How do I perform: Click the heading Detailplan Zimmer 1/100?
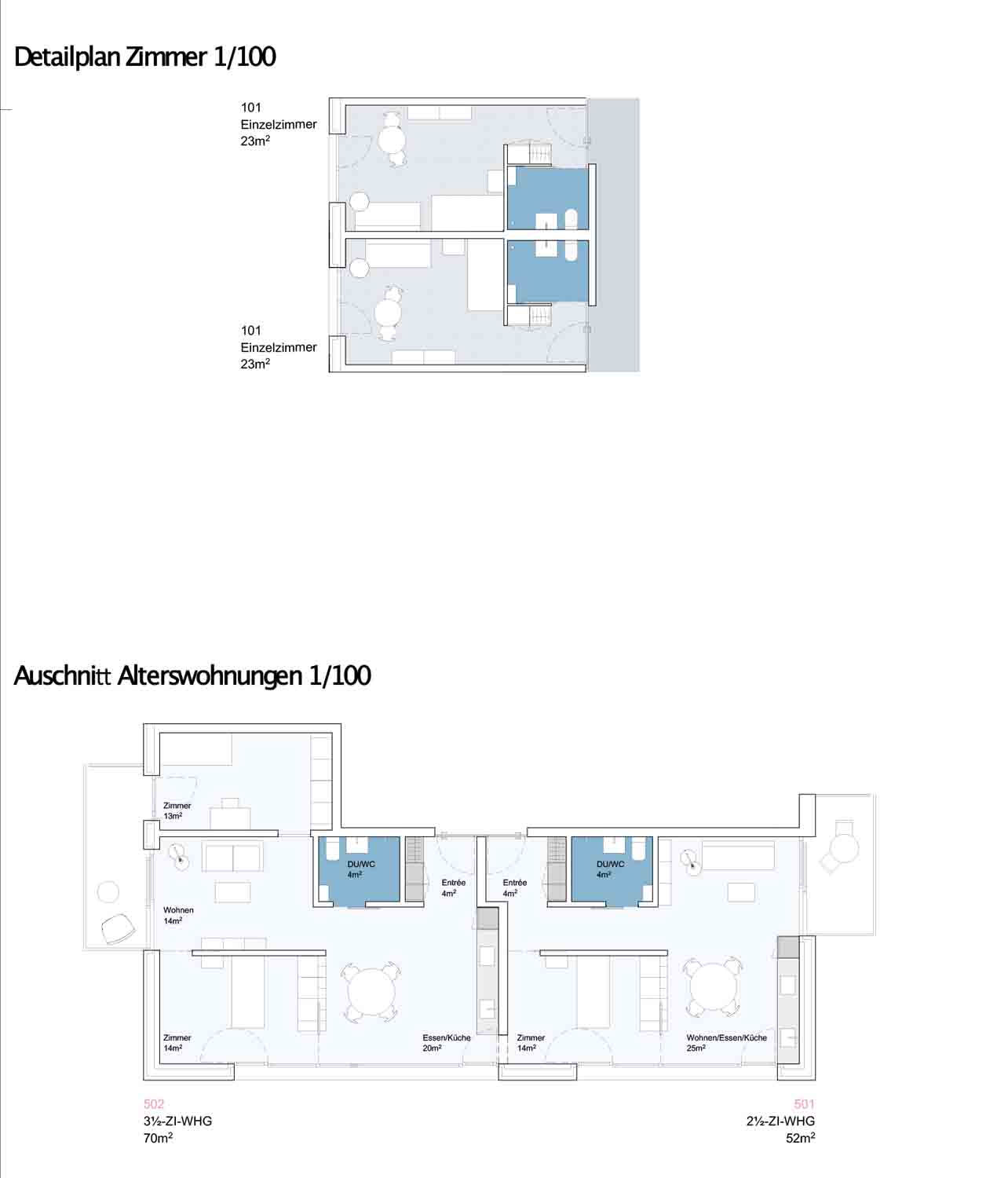[x=145, y=57]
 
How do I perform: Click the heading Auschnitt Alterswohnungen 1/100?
[x=192, y=676]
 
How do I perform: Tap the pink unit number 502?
[x=154, y=1104]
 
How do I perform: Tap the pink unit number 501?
[x=804, y=1104]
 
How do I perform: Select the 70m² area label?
[x=158, y=1138]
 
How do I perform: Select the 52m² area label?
[x=800, y=1138]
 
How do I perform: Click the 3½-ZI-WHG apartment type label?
[x=177, y=1121]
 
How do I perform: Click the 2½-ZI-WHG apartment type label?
[x=780, y=1121]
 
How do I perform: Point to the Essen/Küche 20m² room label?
[x=446, y=1043]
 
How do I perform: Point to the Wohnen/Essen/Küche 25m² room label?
[x=726, y=1043]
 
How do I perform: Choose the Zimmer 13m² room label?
[x=177, y=810]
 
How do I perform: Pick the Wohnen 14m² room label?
[x=178, y=915]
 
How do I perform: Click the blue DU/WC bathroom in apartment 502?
[x=360, y=870]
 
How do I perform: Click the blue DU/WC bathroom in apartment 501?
[x=610, y=870]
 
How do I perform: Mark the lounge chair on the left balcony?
[x=118, y=929]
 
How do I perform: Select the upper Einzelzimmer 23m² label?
[x=278, y=124]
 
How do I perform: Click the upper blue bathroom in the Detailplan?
[x=547, y=198]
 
